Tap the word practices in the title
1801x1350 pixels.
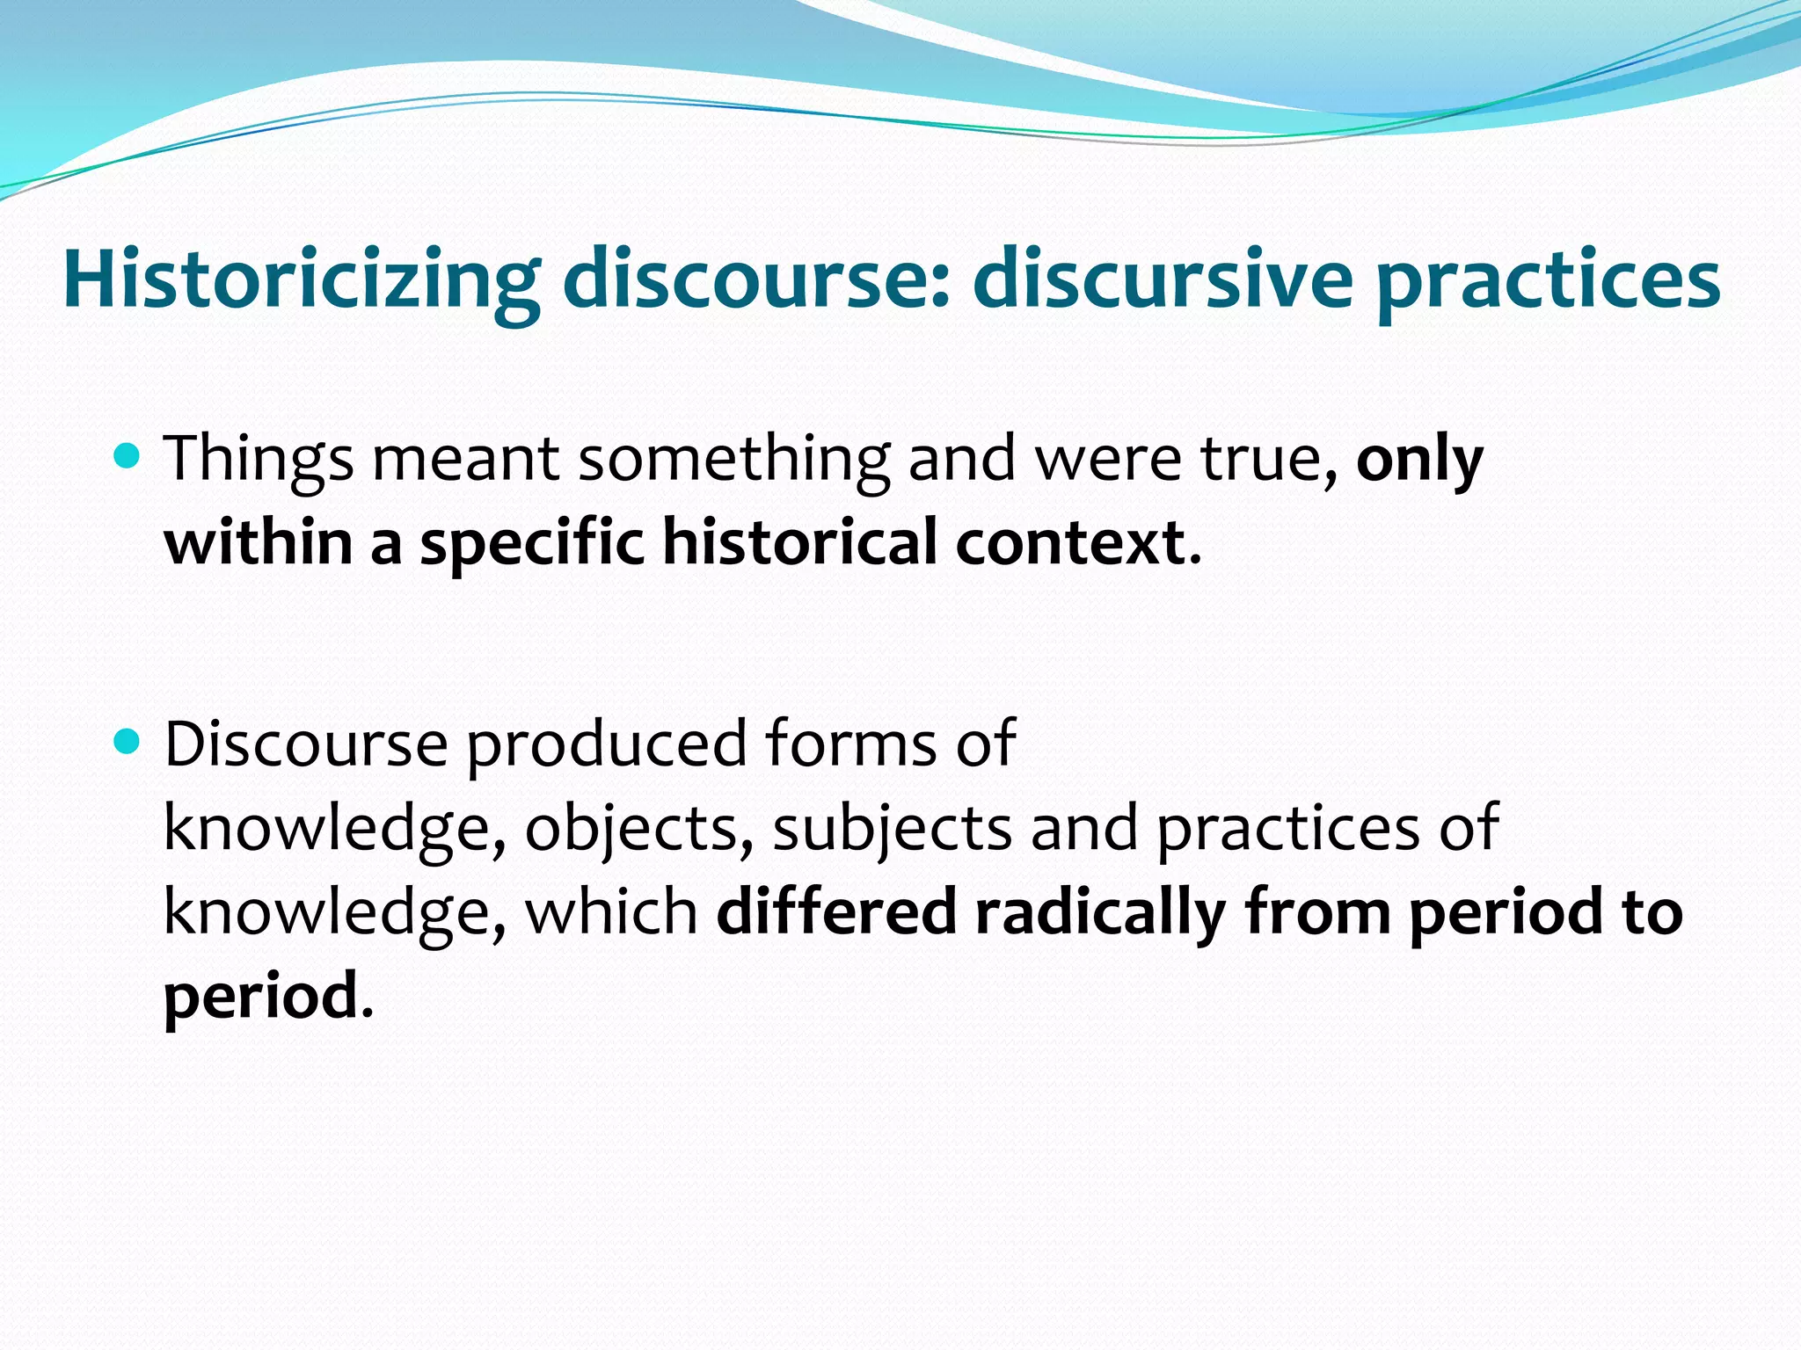coord(1548,279)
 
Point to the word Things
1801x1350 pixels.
coord(259,459)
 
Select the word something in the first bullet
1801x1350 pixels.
coord(733,459)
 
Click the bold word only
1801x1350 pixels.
coord(1419,459)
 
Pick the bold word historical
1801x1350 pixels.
coord(799,542)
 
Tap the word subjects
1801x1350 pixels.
coord(892,828)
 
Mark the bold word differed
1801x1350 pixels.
coord(836,911)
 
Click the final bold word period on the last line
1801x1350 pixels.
coord(260,996)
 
